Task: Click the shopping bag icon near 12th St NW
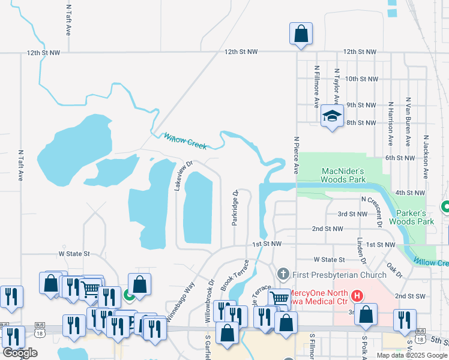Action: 301,34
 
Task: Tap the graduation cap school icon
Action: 331,116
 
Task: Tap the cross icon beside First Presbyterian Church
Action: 284,274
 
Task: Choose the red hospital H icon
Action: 357,296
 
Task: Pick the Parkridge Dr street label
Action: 235,208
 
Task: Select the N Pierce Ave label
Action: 297,154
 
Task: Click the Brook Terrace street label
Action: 235,275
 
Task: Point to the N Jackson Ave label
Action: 426,155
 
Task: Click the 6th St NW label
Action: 400,158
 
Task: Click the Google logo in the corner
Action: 20,353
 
